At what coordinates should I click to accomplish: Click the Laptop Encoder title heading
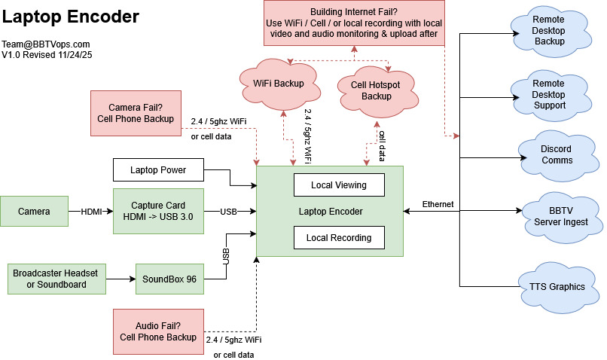coord(70,16)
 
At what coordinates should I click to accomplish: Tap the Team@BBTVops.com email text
coord(45,44)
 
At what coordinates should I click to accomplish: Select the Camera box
coord(34,212)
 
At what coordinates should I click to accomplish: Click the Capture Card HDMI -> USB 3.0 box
coord(158,212)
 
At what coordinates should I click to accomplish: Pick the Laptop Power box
coord(158,170)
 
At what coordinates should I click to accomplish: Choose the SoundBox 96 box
coord(170,279)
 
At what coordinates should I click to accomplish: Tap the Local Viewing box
coord(338,185)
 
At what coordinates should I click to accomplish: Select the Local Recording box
coord(338,238)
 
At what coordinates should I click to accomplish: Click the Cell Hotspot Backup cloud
coord(376,90)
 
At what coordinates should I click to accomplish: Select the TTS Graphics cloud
coord(556,287)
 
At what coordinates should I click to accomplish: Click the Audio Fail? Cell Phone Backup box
coord(158,331)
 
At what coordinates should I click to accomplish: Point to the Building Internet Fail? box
coord(354,22)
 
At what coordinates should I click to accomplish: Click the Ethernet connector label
coord(438,204)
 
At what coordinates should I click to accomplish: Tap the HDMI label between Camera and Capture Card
coord(90,212)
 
